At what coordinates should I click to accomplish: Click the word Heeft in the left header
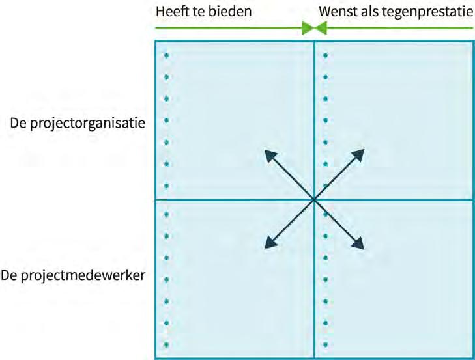171,12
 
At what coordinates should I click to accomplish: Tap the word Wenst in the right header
336,12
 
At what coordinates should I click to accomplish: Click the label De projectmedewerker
74,276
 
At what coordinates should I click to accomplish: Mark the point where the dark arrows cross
314,199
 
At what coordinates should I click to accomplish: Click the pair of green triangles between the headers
314,29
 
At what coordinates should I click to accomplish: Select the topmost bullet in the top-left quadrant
166,55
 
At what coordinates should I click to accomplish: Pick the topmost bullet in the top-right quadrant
324,55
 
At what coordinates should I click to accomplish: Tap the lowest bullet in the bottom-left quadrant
166,345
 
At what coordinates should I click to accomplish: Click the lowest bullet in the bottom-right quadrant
324,345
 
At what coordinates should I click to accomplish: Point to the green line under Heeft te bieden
228,29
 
